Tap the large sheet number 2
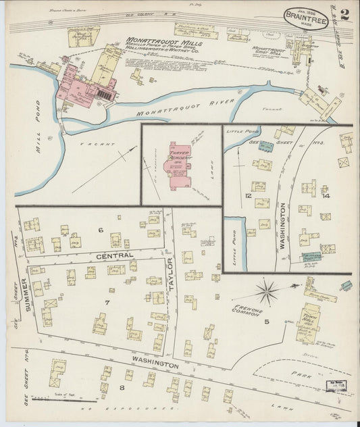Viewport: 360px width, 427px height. click(344, 16)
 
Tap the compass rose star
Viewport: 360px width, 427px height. click(268, 293)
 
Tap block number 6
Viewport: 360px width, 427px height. click(101, 230)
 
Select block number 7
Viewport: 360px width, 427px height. click(106, 301)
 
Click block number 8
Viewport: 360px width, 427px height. click(122, 387)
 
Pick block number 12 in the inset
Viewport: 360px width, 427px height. click(249, 196)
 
